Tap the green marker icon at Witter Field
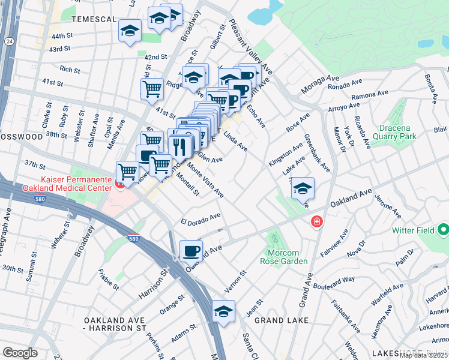pos(444,230)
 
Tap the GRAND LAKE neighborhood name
pos(281,320)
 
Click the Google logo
pos(20,352)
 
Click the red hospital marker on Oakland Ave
pos(316,223)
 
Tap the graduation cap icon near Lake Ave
pos(303,188)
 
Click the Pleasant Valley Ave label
pos(260,54)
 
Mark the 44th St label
pos(61,37)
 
